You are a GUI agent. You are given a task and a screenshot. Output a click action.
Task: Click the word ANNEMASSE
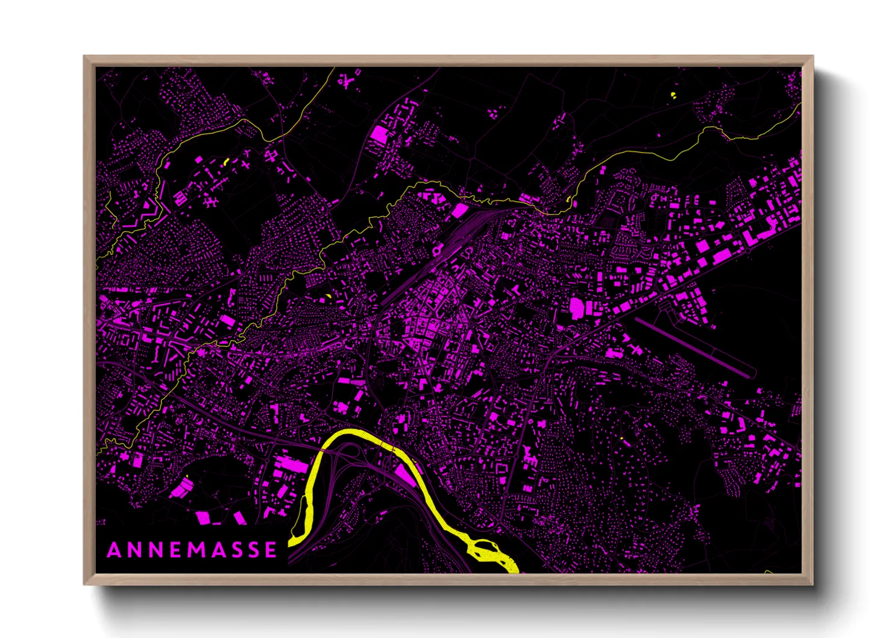click(192, 550)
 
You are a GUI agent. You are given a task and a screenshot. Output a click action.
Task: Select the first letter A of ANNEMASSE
click(113, 550)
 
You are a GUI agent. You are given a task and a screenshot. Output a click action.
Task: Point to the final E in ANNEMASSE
click(271, 550)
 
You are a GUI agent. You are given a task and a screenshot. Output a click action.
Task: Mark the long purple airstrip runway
click(693, 347)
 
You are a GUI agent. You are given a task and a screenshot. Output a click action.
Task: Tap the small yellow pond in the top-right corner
click(673, 95)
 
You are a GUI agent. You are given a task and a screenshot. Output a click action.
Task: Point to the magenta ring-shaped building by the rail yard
click(436, 249)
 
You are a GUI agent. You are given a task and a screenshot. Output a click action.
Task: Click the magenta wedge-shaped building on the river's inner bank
click(404, 475)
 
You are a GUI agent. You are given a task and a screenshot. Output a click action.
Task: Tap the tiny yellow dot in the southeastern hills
click(621, 438)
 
